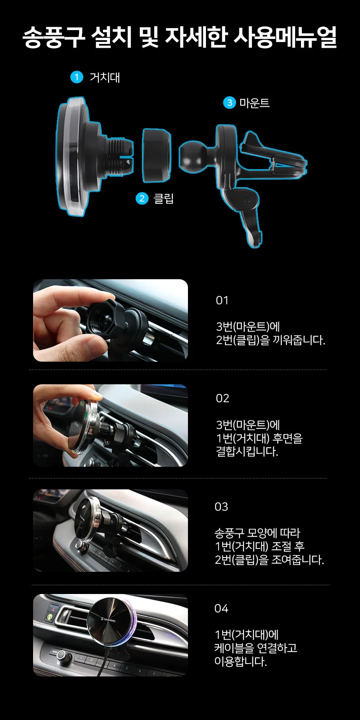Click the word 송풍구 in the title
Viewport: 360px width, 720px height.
(54, 37)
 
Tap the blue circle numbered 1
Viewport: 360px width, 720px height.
(77, 77)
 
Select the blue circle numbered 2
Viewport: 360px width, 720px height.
(142, 198)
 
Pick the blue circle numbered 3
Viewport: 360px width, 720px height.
(229, 103)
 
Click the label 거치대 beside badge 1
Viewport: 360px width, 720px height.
(105, 77)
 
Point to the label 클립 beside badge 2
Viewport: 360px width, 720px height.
(164, 198)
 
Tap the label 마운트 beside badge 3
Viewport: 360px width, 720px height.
(255, 103)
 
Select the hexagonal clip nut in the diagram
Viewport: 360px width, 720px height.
(156, 155)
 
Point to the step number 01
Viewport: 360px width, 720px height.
(222, 301)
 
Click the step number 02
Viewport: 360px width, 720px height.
(222, 399)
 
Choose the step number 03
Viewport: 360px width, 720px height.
(221, 507)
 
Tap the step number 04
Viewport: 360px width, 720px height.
(221, 609)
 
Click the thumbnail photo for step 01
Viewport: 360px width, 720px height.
(111, 320)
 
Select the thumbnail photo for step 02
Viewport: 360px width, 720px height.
(111, 425)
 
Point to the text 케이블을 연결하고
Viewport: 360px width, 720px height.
(256, 648)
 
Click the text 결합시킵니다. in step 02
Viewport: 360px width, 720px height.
(247, 452)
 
